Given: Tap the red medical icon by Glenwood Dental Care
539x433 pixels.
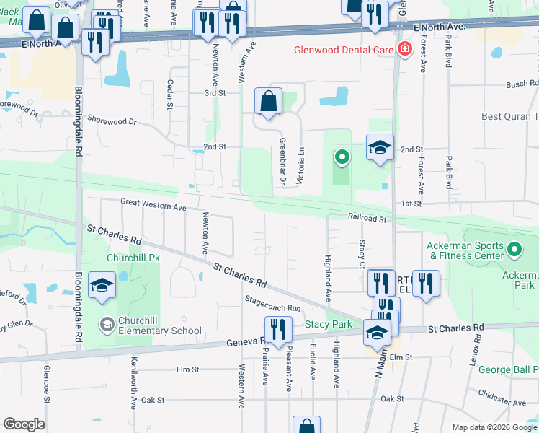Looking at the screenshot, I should [405, 50].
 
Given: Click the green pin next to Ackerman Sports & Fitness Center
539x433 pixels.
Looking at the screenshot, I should [514, 250].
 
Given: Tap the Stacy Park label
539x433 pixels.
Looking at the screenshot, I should [328, 325].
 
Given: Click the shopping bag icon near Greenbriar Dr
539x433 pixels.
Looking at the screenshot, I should [268, 102].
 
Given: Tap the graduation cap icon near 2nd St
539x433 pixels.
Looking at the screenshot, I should [380, 148].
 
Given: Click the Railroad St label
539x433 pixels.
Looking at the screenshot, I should [368, 217].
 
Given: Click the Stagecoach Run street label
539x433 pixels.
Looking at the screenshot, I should [272, 307].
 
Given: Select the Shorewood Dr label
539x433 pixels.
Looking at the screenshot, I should [112, 121].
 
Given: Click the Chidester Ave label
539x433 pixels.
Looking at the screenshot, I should [507, 402].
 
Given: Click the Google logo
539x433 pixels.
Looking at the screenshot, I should [24, 424].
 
